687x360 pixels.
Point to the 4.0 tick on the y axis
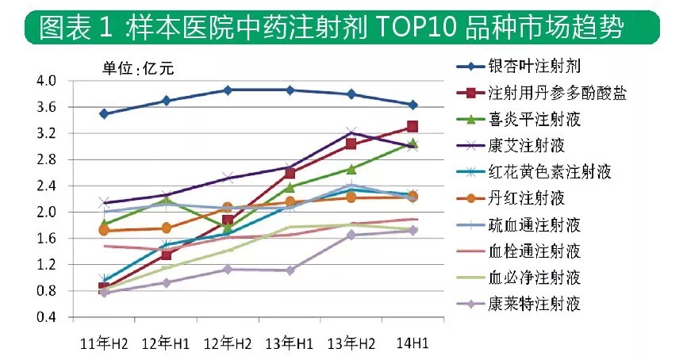[x=45, y=81]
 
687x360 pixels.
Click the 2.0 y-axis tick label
[x=45, y=213]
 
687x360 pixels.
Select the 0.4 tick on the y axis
[x=45, y=318]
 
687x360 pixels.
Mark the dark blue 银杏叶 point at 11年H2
[x=103, y=113]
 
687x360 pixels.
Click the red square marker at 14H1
[x=413, y=126]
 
